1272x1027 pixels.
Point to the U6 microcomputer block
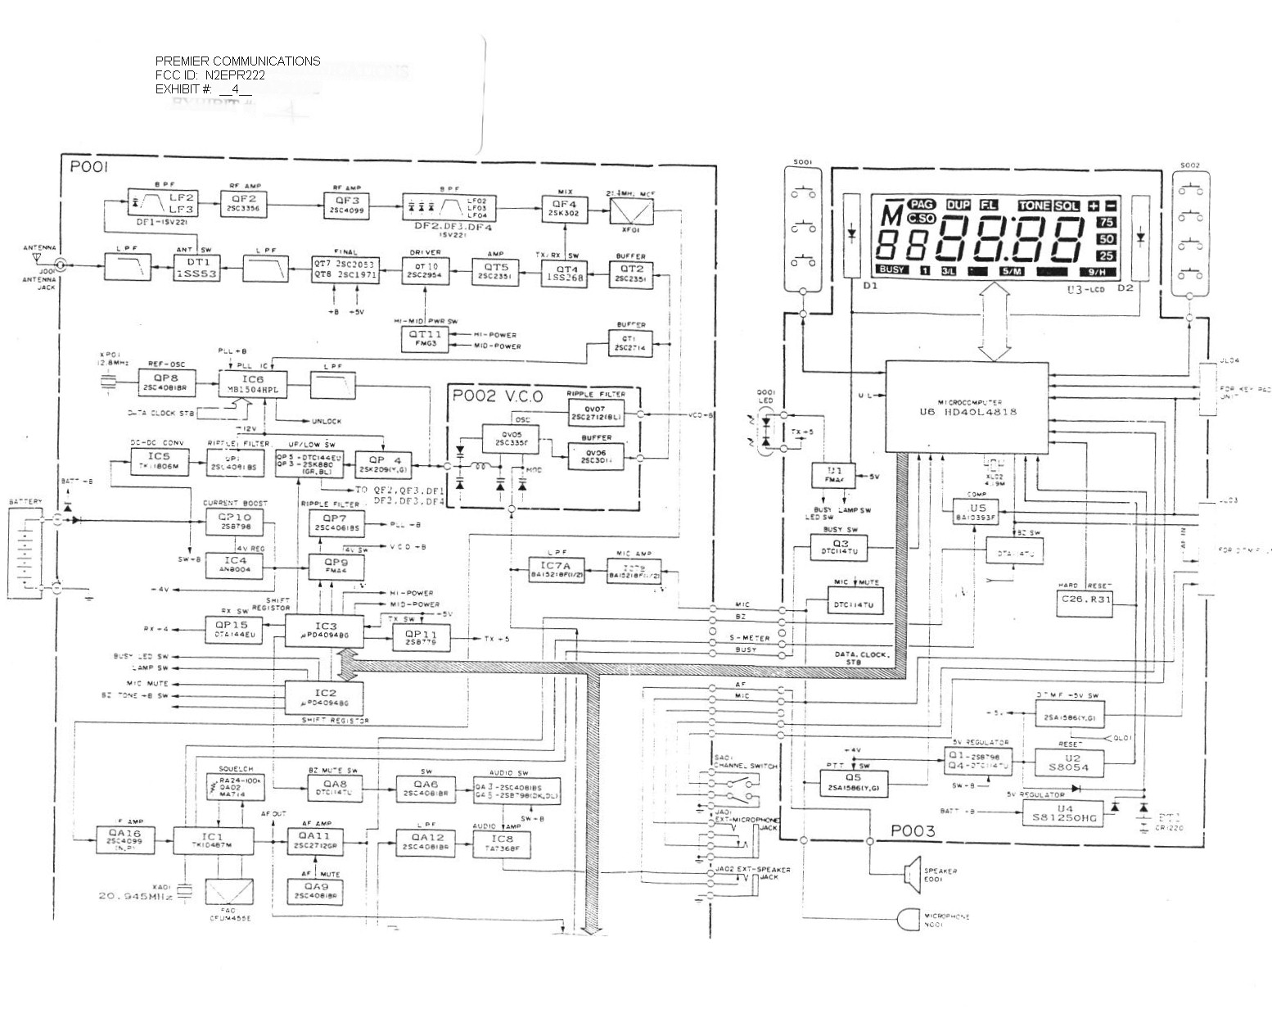967,407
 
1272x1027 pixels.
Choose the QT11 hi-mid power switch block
424,339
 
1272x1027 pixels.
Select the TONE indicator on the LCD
1034,205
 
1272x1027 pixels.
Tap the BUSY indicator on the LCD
891,269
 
